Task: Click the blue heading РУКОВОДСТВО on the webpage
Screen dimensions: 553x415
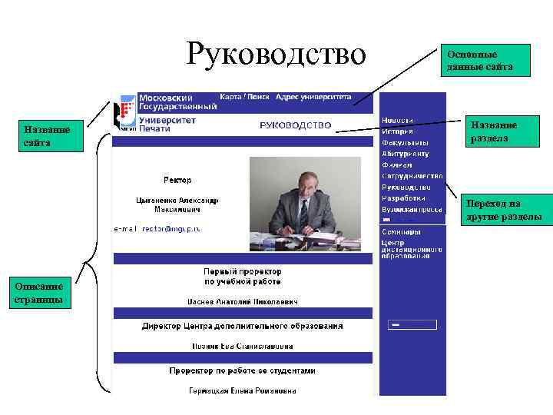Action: pos(296,124)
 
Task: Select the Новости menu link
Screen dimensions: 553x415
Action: pos(397,121)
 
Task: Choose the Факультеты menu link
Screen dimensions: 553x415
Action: pos(405,142)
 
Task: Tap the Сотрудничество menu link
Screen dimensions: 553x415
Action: pos(412,176)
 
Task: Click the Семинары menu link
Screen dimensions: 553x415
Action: pos(401,231)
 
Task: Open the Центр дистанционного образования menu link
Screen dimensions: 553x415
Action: pos(412,249)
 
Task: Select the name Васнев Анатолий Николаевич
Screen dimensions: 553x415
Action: pos(242,301)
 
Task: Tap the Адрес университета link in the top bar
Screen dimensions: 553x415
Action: pos(313,98)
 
